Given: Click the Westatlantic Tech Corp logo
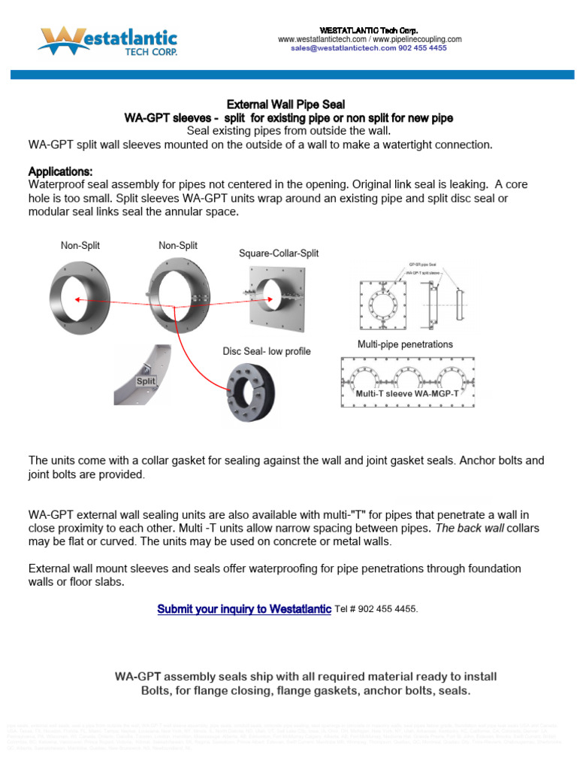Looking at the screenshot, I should [108, 41].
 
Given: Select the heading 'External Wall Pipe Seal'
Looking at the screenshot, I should [285, 105].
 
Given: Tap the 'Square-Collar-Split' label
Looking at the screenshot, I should [279, 253].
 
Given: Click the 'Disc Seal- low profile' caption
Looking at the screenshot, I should [266, 351].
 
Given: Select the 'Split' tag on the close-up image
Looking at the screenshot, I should [146, 381].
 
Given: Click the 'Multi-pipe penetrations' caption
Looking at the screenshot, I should [405, 344].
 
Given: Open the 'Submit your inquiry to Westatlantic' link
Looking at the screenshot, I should [244, 609].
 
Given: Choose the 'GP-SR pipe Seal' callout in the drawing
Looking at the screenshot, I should [422, 265].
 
